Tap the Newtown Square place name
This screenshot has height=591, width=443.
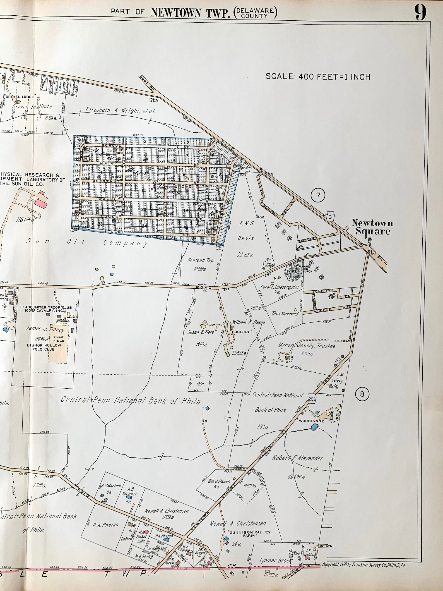click(x=372, y=227)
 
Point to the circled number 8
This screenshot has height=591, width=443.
click(x=362, y=394)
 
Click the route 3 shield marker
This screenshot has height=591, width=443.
click(x=331, y=216)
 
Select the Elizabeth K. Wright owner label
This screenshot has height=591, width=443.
click(x=120, y=110)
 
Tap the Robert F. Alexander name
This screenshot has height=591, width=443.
click(x=298, y=458)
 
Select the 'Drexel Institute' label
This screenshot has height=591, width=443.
click(x=32, y=106)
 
